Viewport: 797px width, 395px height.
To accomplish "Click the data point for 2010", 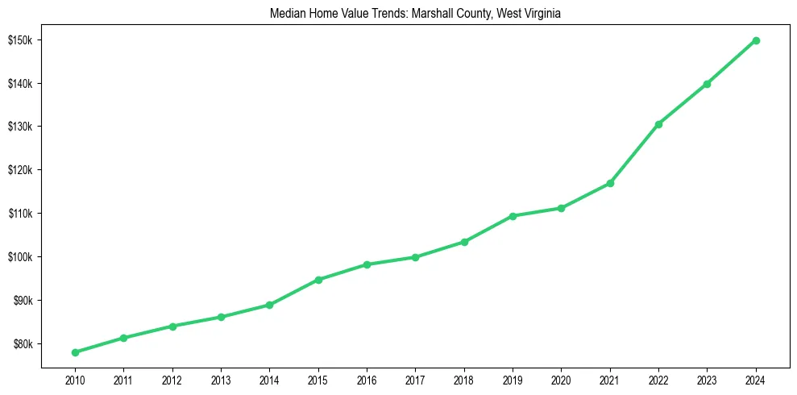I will [x=75, y=352].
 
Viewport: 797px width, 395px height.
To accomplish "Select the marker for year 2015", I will [x=318, y=280].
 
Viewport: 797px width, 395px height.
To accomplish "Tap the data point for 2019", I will [x=513, y=216].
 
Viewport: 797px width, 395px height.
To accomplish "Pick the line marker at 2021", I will [x=610, y=183].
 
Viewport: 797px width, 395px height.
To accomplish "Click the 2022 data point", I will [x=658, y=124].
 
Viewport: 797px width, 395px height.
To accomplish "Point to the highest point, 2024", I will [x=756, y=40].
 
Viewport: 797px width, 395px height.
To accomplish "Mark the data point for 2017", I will [x=415, y=257].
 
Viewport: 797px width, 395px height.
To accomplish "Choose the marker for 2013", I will [x=221, y=317].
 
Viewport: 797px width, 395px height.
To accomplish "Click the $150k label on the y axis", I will [x=19, y=40].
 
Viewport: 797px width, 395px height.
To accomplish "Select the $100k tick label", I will [x=19, y=257].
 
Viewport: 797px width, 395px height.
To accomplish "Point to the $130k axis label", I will [x=19, y=127].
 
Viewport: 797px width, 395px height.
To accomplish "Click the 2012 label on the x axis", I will [x=172, y=379].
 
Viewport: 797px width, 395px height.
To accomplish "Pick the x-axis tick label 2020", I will [x=561, y=379].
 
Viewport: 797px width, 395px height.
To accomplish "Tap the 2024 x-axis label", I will [x=756, y=379].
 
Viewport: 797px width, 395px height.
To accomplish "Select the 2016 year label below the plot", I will [x=367, y=379].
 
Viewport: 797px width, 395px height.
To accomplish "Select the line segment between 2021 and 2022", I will [x=634, y=154].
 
